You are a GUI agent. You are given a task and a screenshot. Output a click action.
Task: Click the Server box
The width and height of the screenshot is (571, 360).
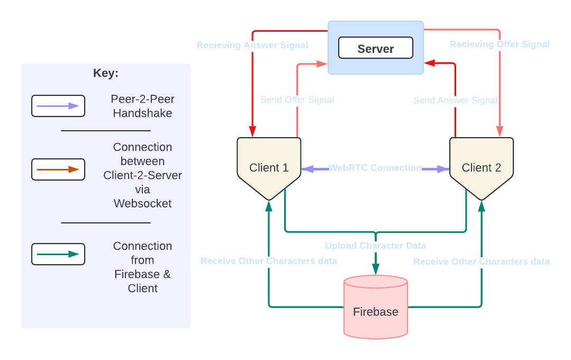[376, 48]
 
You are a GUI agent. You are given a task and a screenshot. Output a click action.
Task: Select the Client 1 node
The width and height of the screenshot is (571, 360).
[269, 167]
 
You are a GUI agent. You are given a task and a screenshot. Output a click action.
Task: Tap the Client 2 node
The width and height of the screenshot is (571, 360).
[481, 167]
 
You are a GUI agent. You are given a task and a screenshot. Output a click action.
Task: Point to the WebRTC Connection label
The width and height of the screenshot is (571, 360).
[375, 168]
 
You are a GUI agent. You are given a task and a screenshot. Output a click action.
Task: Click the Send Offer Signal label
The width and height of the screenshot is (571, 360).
[297, 100]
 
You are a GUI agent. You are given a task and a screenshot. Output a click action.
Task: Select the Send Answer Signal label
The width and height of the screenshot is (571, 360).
[455, 100]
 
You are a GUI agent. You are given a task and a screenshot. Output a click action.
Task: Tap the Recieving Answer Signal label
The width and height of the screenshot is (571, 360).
[252, 46]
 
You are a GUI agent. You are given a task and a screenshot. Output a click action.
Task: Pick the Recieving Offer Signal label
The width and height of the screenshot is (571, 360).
[499, 44]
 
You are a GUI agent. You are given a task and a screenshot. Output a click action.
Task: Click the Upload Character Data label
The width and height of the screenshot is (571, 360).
[375, 246]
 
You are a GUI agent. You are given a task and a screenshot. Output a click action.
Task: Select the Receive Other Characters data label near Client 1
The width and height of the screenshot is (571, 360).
[268, 261]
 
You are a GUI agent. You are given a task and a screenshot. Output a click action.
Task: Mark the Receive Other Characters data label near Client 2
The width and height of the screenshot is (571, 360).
[481, 262]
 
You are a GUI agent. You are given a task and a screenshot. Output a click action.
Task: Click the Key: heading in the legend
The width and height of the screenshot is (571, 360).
[106, 74]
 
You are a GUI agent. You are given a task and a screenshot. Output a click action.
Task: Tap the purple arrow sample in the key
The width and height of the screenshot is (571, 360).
[58, 106]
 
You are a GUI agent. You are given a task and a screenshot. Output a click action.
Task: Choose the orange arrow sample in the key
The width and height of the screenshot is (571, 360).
[58, 169]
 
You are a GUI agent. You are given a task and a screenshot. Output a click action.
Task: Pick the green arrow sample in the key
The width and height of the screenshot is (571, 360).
[58, 254]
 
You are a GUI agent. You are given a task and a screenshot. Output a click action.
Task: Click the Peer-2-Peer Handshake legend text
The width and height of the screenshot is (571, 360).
[142, 106]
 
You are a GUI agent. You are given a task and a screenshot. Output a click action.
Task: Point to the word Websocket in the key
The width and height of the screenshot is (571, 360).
[142, 203]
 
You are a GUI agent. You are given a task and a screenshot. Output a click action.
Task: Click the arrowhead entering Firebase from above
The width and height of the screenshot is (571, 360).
[376, 269]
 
